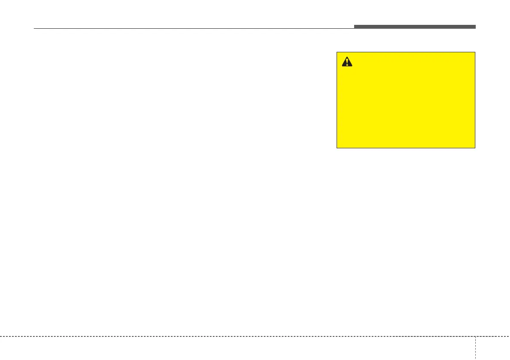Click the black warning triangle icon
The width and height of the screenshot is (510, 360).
tap(347, 62)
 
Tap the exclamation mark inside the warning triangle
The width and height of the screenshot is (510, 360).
tap(347, 63)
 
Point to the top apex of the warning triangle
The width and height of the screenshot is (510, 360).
tap(347, 57)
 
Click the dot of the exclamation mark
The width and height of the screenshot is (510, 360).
tap(347, 65)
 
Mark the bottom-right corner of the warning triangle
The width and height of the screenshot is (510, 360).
tap(352, 66)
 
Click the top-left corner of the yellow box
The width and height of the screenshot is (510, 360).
tap(337, 52)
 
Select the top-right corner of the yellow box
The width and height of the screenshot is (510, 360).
tap(475, 52)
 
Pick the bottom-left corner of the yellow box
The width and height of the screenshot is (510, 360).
tap(337, 148)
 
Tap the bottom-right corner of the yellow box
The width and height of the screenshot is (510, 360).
tap(475, 148)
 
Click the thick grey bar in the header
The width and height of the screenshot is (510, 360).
tap(415, 27)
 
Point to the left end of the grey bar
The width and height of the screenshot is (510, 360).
tap(355, 27)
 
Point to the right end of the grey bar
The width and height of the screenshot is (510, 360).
tap(475, 27)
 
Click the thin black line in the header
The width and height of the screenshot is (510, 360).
tap(193, 29)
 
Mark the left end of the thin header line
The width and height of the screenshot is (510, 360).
tap(34, 29)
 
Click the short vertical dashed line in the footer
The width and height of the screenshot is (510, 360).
tap(475, 348)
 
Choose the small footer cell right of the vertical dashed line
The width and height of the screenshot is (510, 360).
tap(492, 348)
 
